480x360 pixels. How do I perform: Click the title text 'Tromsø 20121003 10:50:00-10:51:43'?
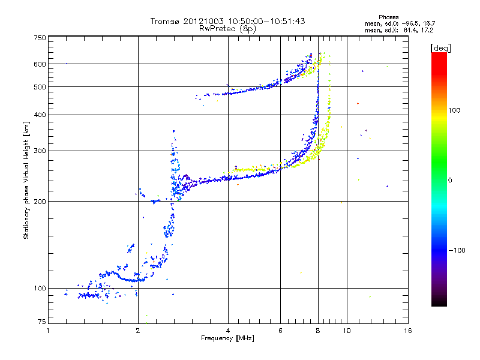click(x=227, y=21)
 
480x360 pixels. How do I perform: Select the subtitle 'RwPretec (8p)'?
click(x=227, y=28)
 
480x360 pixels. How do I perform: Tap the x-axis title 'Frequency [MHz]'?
click(x=227, y=339)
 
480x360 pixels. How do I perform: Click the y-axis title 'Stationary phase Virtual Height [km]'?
click(x=26, y=180)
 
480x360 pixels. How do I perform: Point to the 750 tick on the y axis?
click(x=40, y=38)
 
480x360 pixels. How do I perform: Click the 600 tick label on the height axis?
click(x=40, y=64)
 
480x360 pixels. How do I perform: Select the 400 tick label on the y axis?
click(x=40, y=115)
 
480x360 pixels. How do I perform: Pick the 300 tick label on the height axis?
click(x=40, y=151)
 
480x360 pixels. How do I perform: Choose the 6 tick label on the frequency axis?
click(x=280, y=331)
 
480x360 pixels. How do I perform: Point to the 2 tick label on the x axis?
click(x=138, y=331)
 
